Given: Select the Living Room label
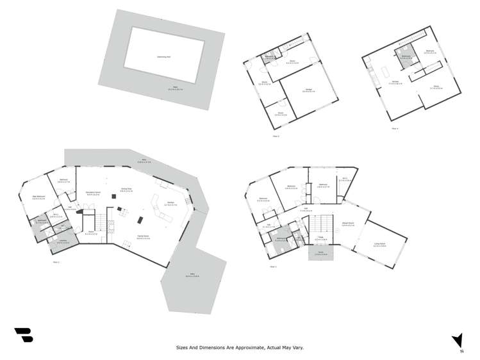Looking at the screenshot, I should [381, 244].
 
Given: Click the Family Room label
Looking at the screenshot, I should [143, 236].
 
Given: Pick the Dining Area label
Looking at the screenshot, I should [126, 189].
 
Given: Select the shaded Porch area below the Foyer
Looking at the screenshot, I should [321, 254].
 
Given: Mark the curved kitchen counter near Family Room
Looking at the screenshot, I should [157, 207].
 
